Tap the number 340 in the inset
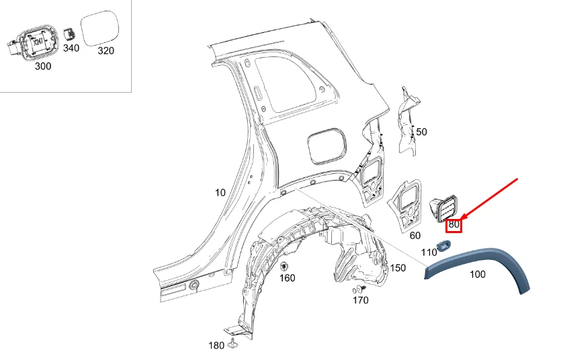coord(71,48)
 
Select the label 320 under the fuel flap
coord(105,50)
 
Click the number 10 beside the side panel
coord(220,193)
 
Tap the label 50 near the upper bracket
coord(421,132)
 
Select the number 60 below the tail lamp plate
coord(415,235)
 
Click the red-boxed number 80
coord(454,224)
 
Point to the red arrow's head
coord(462,217)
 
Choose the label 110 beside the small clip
coord(429,252)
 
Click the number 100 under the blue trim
coord(477,274)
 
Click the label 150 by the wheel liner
coord(398,268)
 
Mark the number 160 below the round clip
coord(287,278)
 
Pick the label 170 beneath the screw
coord(361,300)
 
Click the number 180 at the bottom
coord(216,345)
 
